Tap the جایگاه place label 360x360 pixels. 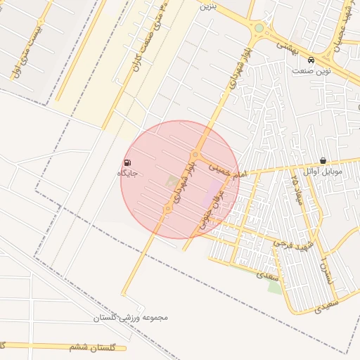click(x=127, y=173)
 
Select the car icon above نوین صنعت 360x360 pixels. click(x=311, y=60)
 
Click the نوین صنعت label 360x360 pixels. click(x=312, y=71)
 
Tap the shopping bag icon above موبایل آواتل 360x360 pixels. click(x=323, y=161)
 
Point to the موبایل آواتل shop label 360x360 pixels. click(x=323, y=172)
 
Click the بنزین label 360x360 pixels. click(x=206, y=6)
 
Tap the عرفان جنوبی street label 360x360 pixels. click(x=215, y=208)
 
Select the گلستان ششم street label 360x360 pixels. click(x=97, y=347)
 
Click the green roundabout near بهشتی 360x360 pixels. click(x=259, y=28)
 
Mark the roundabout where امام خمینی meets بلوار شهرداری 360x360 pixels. click(x=195, y=155)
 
